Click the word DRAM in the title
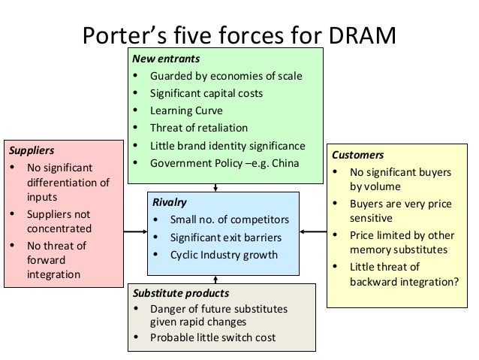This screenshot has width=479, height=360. click(x=355, y=37)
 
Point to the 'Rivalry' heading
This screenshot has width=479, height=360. click(x=169, y=202)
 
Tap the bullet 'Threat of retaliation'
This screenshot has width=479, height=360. click(x=198, y=127)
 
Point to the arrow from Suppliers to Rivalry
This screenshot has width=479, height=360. click(x=135, y=233)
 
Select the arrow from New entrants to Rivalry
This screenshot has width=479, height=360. click(x=216, y=187)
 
